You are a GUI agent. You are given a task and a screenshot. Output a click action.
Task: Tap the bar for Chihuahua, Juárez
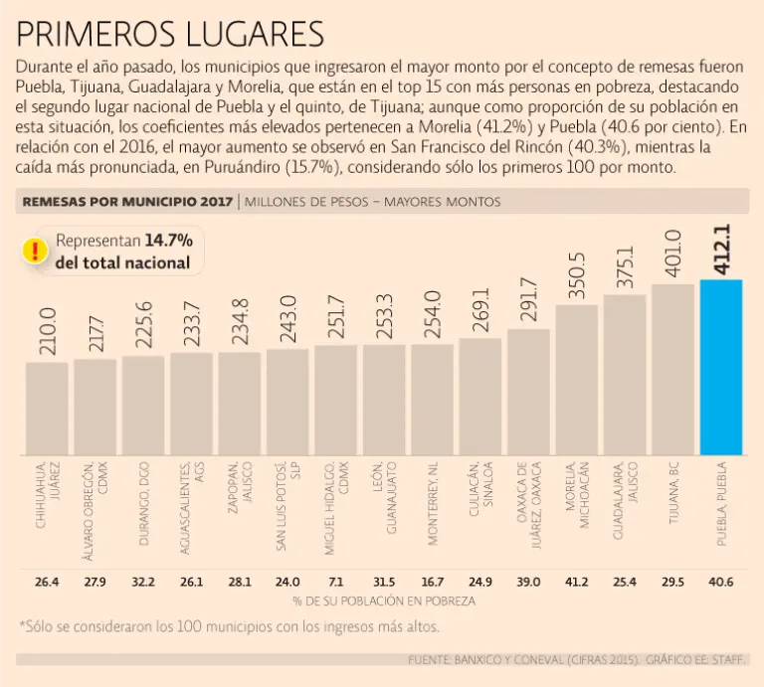[x=47, y=408]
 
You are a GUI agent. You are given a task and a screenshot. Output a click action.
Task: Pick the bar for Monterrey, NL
[x=432, y=399]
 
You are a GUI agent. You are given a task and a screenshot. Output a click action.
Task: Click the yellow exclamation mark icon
[x=36, y=250]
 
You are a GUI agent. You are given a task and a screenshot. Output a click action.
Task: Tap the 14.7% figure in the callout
[x=168, y=241]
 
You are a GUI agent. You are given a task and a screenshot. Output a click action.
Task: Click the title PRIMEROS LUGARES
[x=170, y=34]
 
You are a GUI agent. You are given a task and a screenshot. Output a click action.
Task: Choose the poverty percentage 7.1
[x=336, y=582]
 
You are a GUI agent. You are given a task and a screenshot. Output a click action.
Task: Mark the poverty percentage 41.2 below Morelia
[x=577, y=582]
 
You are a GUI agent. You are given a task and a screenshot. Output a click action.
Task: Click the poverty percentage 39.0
[x=528, y=582]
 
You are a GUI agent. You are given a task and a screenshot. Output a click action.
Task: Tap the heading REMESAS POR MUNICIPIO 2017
[x=126, y=202]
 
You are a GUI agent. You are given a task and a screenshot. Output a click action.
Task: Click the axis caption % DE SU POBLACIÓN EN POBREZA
[x=383, y=601]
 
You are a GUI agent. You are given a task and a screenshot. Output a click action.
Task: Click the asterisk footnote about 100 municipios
[x=229, y=627]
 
